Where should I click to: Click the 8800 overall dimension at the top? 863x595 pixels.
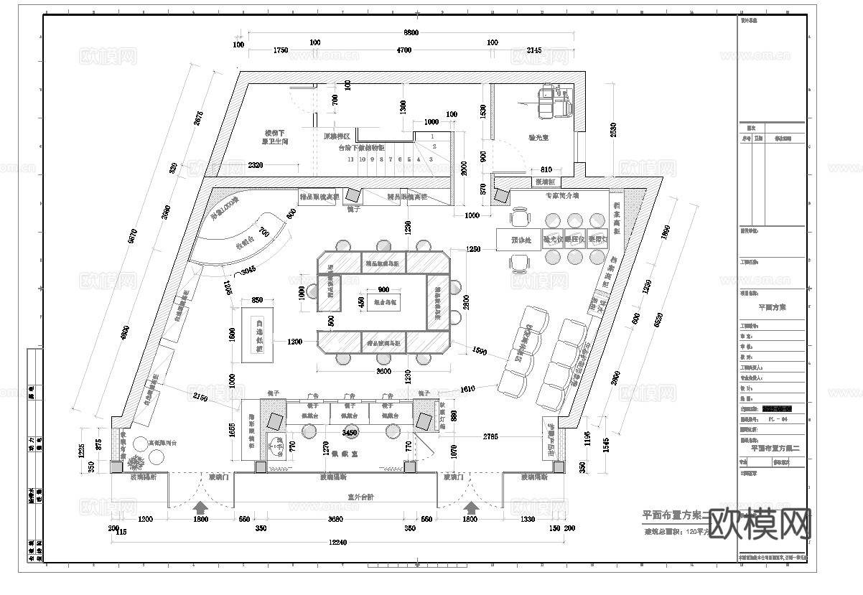(x=411, y=33)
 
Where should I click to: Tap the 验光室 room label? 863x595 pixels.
(x=538, y=136)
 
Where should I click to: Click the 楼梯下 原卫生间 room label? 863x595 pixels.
(x=275, y=138)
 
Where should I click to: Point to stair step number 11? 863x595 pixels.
(x=350, y=159)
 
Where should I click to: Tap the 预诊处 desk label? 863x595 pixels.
(x=520, y=240)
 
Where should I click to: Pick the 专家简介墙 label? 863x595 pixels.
(x=561, y=195)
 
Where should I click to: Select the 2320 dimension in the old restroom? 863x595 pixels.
(x=255, y=165)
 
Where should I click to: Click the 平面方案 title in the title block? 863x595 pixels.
(x=773, y=306)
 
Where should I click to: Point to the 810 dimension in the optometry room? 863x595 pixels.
(x=546, y=169)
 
